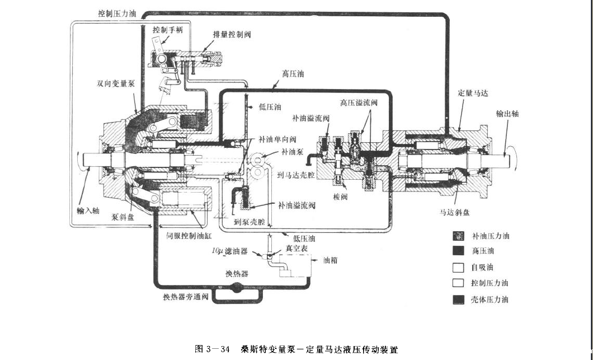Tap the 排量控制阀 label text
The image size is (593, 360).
[x=232, y=35]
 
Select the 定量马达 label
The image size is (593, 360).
[x=473, y=93]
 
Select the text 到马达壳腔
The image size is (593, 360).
[x=296, y=175]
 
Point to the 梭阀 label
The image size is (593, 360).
[x=341, y=198]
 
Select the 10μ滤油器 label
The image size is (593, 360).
[x=230, y=253]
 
